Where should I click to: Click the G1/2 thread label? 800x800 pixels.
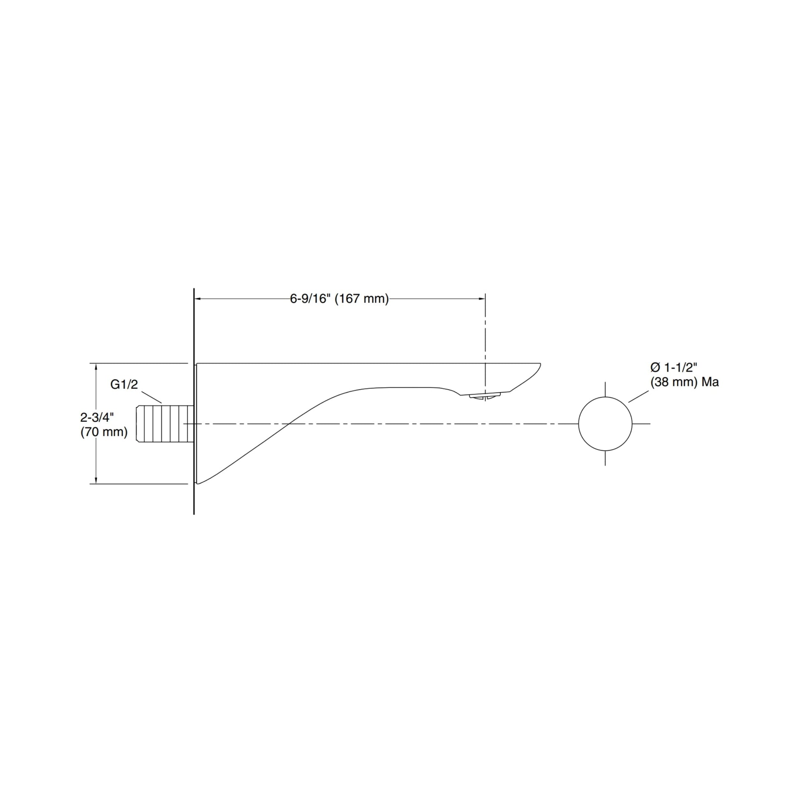click(x=124, y=384)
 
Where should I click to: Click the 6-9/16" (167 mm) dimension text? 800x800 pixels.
click(x=339, y=298)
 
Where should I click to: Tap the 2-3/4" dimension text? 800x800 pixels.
click(x=97, y=417)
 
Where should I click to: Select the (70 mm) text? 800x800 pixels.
click(x=104, y=432)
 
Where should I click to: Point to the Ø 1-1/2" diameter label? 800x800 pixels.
click(x=674, y=367)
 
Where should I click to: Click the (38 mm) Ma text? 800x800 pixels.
click(x=684, y=382)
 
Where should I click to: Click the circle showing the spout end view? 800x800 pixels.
click(x=605, y=423)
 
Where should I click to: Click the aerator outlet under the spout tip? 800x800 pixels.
click(x=485, y=397)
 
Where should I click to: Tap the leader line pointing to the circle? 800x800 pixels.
click(x=638, y=396)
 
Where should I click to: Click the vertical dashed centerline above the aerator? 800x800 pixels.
click(x=485, y=340)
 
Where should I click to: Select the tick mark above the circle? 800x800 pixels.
click(x=605, y=389)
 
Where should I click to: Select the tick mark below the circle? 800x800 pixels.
click(x=605, y=458)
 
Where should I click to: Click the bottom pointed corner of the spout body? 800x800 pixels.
click(x=198, y=483)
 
